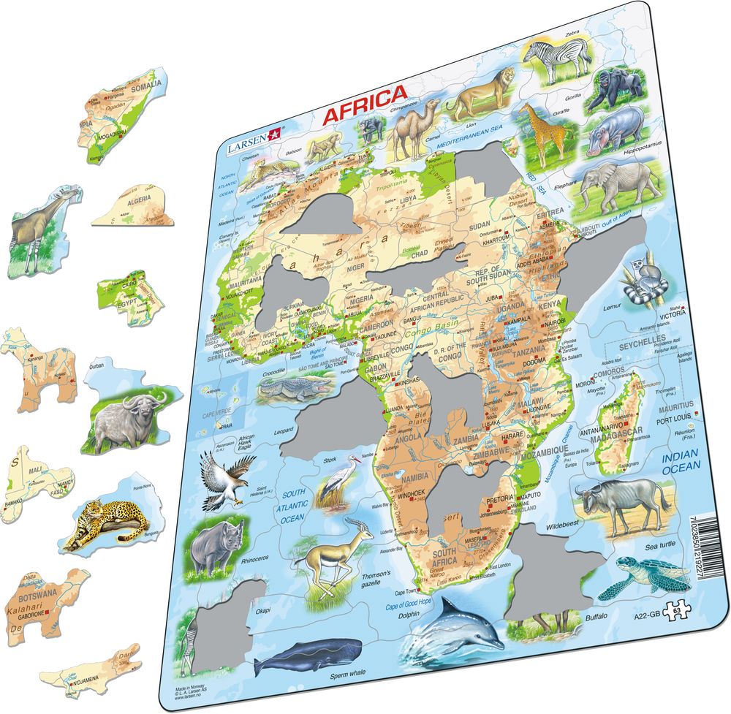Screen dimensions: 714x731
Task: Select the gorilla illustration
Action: point(614,88)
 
